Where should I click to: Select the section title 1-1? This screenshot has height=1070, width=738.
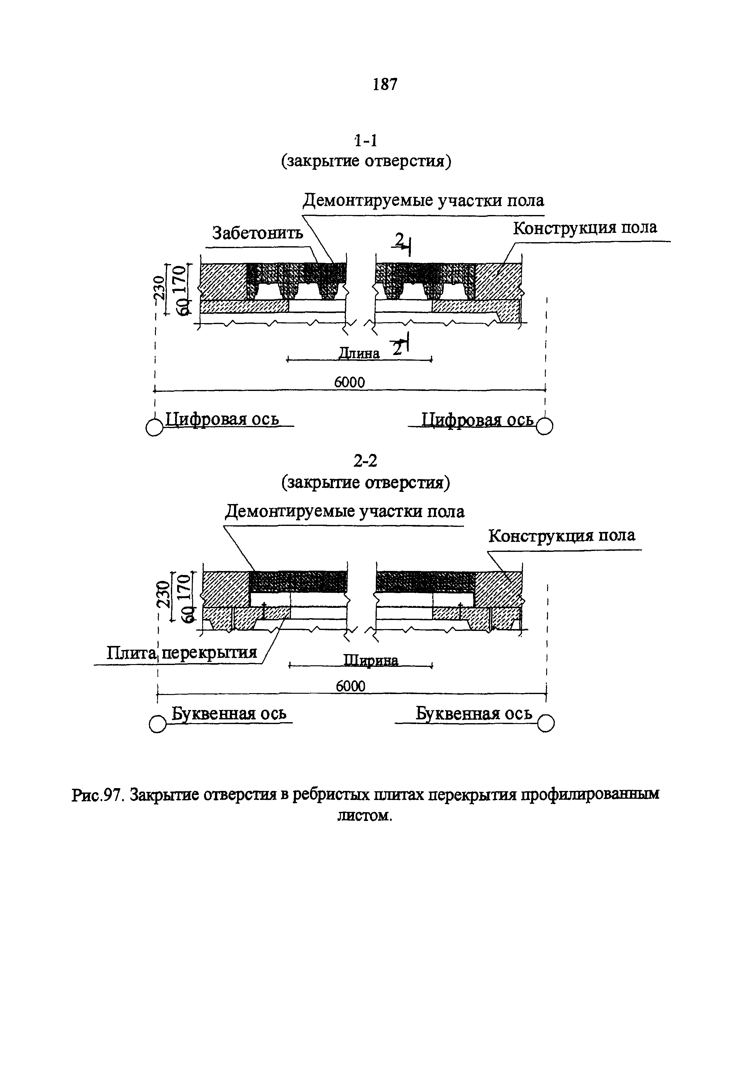tap(365, 140)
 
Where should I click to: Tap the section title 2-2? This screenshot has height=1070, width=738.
tap(365, 461)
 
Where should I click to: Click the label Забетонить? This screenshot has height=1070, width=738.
tap(257, 233)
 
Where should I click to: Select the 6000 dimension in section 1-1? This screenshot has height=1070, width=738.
tap(350, 382)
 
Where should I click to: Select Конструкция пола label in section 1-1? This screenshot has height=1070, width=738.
tap(585, 228)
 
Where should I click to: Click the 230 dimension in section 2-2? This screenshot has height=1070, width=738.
tap(162, 594)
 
